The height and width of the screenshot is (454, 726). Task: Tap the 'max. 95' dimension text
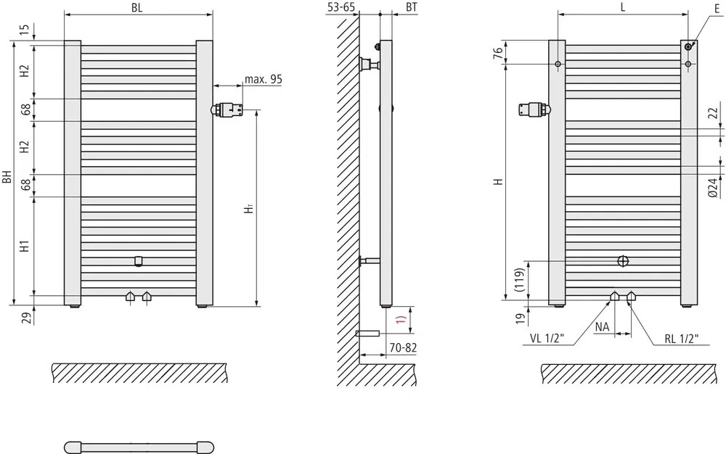(263, 80)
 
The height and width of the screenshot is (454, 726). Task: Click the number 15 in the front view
(25, 30)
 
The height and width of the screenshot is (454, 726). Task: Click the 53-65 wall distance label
(341, 7)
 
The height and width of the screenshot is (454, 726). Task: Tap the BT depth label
(412, 7)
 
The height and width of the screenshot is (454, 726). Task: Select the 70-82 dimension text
(402, 348)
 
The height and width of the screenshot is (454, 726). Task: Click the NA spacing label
(602, 327)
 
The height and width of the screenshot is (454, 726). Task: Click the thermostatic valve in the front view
(229, 110)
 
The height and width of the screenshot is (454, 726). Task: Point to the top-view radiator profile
(138, 445)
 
